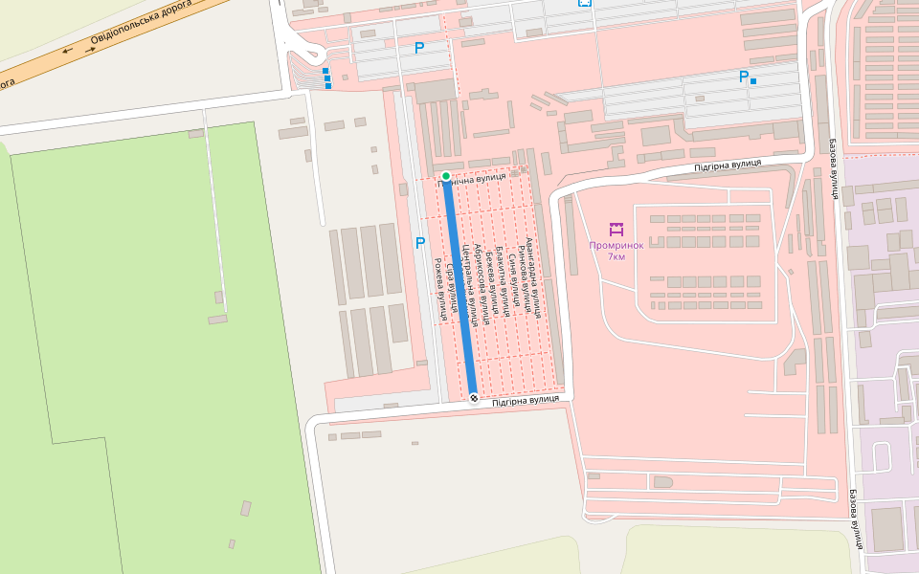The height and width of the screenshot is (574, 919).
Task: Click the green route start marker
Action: pyautogui.click(x=446, y=176)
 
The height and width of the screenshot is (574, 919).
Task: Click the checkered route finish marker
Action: pyautogui.click(x=473, y=398)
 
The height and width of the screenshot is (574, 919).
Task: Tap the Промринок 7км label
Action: pyautogui.click(x=616, y=251)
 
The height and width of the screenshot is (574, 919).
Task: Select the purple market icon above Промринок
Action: pyautogui.click(x=616, y=230)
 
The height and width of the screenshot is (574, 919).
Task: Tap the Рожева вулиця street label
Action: pyautogui.click(x=440, y=288)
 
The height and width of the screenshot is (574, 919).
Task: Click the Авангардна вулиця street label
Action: pyautogui.click(x=534, y=277)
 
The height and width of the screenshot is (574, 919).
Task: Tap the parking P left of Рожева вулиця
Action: pyautogui.click(x=420, y=243)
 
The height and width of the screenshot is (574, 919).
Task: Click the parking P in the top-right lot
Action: pyautogui.click(x=743, y=77)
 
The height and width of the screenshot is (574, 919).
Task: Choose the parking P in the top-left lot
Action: pyautogui.click(x=418, y=48)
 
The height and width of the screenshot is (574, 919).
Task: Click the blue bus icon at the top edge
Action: pyautogui.click(x=584, y=3)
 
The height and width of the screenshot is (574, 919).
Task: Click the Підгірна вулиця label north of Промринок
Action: pyautogui.click(x=728, y=165)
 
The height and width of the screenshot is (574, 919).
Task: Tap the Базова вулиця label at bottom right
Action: pyautogui.click(x=857, y=519)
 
